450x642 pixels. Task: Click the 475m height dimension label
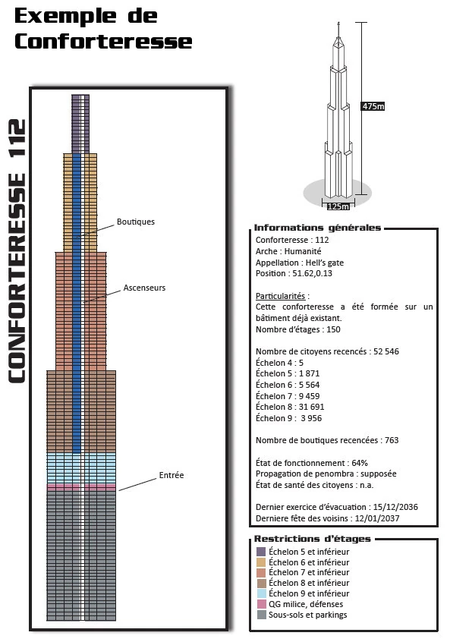tap(373, 106)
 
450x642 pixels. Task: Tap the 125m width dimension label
tap(338, 206)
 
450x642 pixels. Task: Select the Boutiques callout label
tap(136, 222)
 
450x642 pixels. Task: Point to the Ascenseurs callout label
tap(144, 288)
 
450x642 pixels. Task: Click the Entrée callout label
tap(172, 475)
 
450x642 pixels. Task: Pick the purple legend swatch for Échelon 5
tap(261, 552)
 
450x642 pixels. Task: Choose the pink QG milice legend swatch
tap(261, 604)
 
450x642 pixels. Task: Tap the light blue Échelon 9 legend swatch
tap(261, 593)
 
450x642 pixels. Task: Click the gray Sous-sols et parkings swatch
tap(261, 615)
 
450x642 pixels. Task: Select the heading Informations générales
tap(317, 228)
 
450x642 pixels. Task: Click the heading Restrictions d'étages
tap(312, 539)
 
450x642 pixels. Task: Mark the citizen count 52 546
tap(386, 351)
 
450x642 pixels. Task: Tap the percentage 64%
tap(360, 463)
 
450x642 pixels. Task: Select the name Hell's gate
tap(325, 263)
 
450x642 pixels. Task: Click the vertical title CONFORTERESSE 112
tap(17, 251)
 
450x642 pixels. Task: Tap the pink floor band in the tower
tap(81, 487)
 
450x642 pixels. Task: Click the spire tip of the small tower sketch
tap(338, 23)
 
